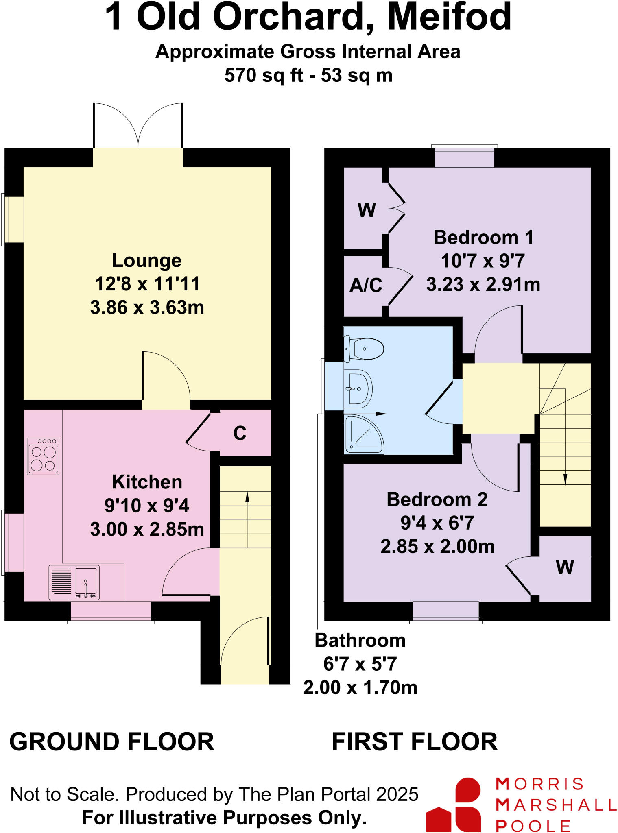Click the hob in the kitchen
[x=43, y=456]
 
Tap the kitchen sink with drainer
[x=74, y=582]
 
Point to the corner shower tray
[x=363, y=434]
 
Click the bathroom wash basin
[x=358, y=388]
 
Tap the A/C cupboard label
[x=366, y=286]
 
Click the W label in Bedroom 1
[x=366, y=210]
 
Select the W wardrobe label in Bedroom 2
[x=565, y=567]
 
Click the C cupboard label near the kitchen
[x=240, y=434]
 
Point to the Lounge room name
[x=146, y=261]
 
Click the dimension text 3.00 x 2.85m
[x=147, y=530]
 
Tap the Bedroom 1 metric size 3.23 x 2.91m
[x=483, y=285]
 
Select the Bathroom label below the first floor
[x=360, y=641]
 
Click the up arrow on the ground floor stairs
[x=247, y=497]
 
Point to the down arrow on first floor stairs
[x=565, y=480]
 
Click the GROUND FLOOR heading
[x=111, y=741]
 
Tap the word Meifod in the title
[x=449, y=17]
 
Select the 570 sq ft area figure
[x=264, y=76]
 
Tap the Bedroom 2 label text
[x=437, y=499]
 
